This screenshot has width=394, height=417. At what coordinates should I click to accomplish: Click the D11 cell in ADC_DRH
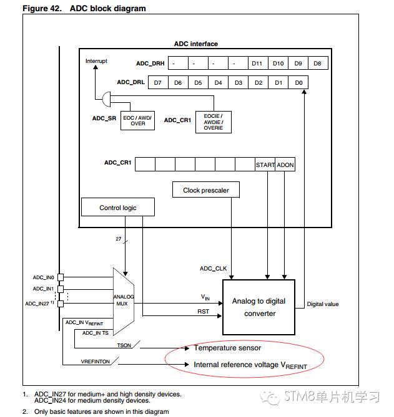(x=257, y=64)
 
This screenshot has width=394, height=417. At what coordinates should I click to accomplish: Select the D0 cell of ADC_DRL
(x=298, y=82)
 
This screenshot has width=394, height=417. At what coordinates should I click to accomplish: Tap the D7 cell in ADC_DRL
(x=158, y=82)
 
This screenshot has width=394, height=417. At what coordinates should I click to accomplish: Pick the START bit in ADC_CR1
(x=265, y=165)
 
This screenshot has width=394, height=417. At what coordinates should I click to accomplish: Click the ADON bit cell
(x=285, y=165)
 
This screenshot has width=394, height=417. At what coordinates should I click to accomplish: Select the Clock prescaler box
(x=206, y=190)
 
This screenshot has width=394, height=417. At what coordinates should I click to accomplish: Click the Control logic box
(x=117, y=208)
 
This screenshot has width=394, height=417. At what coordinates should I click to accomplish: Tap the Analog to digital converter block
(x=259, y=307)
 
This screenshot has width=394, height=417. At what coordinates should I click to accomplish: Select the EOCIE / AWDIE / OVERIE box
(x=213, y=121)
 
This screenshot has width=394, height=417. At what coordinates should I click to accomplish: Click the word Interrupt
(x=96, y=61)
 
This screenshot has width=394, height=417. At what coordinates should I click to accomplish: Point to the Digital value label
(x=323, y=304)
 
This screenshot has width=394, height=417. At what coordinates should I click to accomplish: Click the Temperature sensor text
(x=227, y=348)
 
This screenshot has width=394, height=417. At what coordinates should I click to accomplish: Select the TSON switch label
(x=124, y=345)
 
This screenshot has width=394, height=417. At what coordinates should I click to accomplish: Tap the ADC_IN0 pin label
(x=44, y=276)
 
